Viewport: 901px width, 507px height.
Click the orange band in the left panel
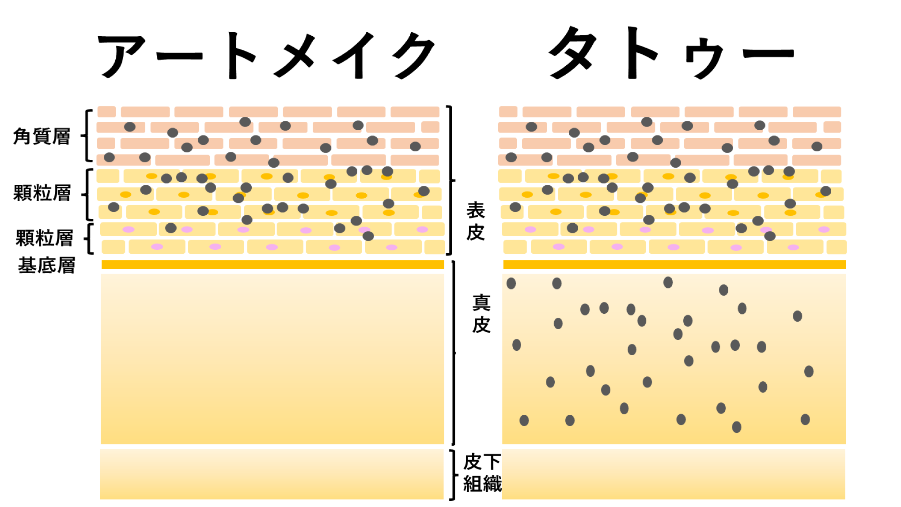pyautogui.click(x=273, y=264)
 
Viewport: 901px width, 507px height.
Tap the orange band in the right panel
pyautogui.click(x=674, y=264)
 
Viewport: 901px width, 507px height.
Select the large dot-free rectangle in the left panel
pyautogui.click(x=273, y=358)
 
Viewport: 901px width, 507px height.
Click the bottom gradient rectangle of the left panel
pyautogui.click(x=272, y=474)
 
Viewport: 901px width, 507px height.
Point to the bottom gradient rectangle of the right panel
pyautogui.click(x=674, y=474)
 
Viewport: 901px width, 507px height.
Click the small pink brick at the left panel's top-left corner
pyautogui.click(x=106, y=112)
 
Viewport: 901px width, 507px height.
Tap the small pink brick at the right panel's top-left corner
pyautogui.click(x=508, y=112)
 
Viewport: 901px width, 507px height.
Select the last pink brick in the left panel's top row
pyautogui.click(x=415, y=112)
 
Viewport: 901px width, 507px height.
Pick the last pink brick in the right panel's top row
pyautogui.click(x=817, y=112)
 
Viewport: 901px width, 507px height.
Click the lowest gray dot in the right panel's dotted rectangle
pyautogui.click(x=737, y=427)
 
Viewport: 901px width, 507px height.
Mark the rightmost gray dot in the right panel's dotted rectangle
pyautogui.click(x=809, y=372)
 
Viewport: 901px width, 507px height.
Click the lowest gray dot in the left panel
pyautogui.click(x=368, y=236)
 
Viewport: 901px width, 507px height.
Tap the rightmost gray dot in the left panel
pyautogui.click(x=424, y=191)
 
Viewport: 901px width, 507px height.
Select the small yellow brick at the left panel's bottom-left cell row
pyautogui.click(x=114, y=247)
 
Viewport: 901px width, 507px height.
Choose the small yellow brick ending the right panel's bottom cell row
pyautogui.click(x=837, y=247)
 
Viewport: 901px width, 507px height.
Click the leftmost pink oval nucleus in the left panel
pyautogui.click(x=129, y=229)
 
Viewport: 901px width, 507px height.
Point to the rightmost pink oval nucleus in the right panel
pyautogui.click(x=824, y=229)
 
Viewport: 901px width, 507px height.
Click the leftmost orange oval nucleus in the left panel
pyautogui.click(x=126, y=195)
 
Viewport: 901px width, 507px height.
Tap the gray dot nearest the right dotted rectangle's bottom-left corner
pyautogui.click(x=524, y=420)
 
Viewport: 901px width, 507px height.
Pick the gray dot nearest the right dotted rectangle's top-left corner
pyautogui.click(x=511, y=283)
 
